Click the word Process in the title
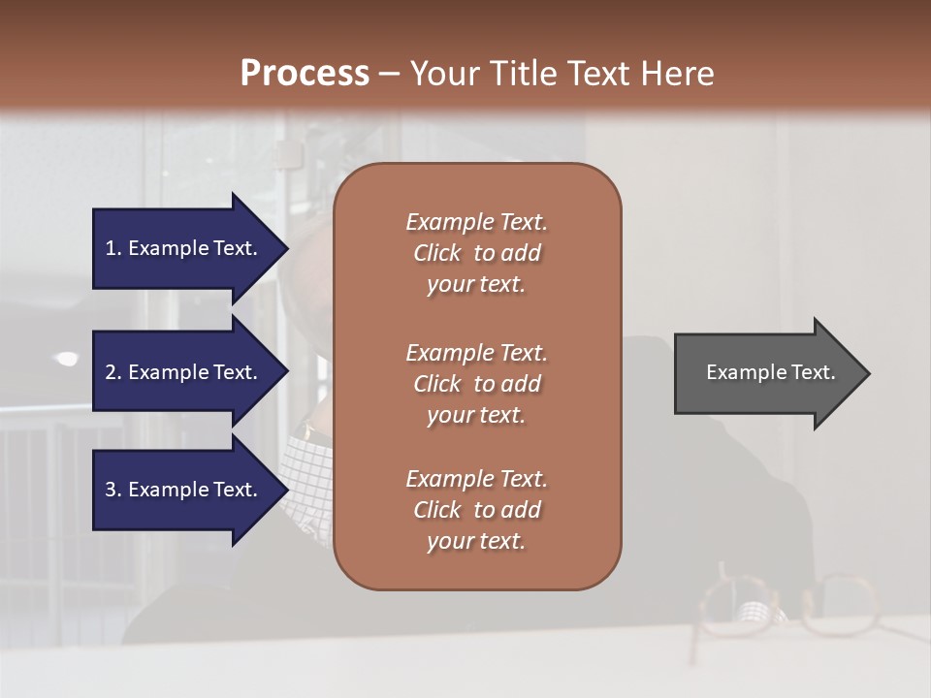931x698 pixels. tap(305, 74)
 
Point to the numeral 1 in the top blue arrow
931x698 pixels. tap(111, 248)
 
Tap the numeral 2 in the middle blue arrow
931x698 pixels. tap(111, 372)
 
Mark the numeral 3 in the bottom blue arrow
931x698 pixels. tap(111, 490)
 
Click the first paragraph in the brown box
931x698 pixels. tap(476, 253)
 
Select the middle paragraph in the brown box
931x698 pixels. tap(476, 384)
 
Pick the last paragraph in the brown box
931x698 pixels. tap(476, 510)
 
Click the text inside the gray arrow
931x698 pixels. tap(770, 372)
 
